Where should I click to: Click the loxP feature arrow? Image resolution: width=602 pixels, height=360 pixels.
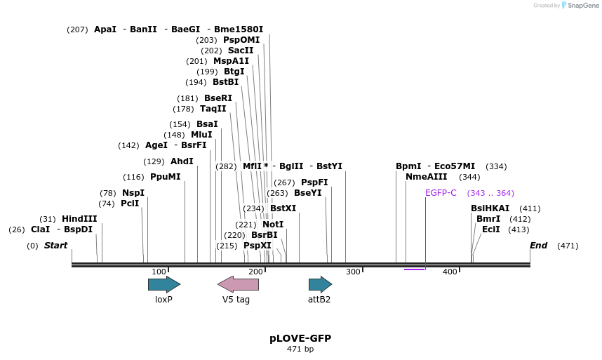click(163, 284)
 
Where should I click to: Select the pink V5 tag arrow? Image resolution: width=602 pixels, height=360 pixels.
click(238, 284)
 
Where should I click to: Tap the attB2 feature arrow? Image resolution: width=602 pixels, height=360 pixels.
click(320, 284)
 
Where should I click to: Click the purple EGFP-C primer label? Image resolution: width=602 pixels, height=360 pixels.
click(441, 193)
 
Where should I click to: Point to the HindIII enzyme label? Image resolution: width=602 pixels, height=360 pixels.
click(79, 219)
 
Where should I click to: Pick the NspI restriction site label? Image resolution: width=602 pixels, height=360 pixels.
click(133, 193)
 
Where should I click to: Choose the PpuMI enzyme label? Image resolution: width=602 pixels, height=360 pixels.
click(166, 177)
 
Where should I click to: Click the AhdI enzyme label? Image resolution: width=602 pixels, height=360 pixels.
click(182, 161)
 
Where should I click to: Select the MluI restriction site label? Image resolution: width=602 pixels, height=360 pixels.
click(201, 135)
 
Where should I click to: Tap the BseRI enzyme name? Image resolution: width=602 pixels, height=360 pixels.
click(218, 98)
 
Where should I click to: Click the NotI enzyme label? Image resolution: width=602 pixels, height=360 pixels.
click(273, 225)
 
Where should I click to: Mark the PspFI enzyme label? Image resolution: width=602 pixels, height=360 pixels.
click(314, 182)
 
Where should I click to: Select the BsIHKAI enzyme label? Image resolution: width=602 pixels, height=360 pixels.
click(490, 208)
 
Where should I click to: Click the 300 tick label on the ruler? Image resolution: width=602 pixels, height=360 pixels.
click(353, 272)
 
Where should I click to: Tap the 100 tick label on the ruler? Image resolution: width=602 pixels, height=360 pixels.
click(159, 272)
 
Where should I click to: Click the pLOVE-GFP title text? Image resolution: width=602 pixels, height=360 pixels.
click(300, 338)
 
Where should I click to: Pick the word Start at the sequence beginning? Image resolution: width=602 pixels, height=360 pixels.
click(55, 246)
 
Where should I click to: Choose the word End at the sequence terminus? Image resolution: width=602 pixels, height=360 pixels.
click(538, 246)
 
